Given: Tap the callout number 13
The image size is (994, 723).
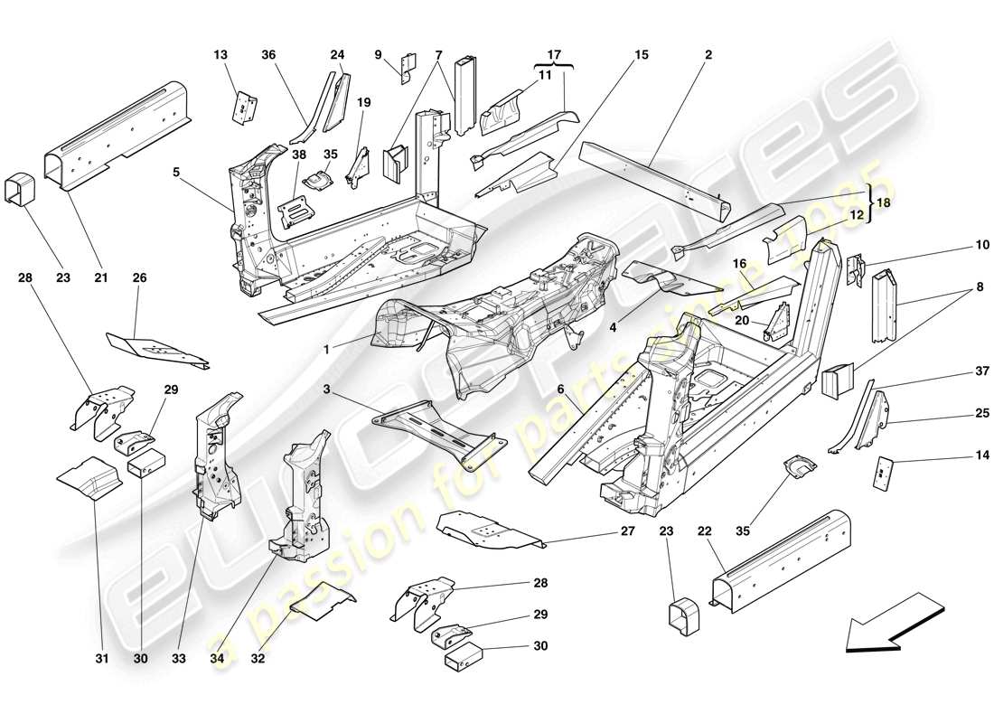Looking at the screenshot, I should click(x=221, y=54).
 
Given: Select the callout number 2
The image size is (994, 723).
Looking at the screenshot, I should click(x=708, y=54).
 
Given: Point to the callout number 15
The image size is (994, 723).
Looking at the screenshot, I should click(x=641, y=54).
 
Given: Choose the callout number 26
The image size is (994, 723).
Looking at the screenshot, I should click(x=139, y=277).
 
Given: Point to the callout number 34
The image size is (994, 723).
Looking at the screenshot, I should click(x=218, y=659).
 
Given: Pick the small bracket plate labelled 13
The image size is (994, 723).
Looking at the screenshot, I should click(x=244, y=107).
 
